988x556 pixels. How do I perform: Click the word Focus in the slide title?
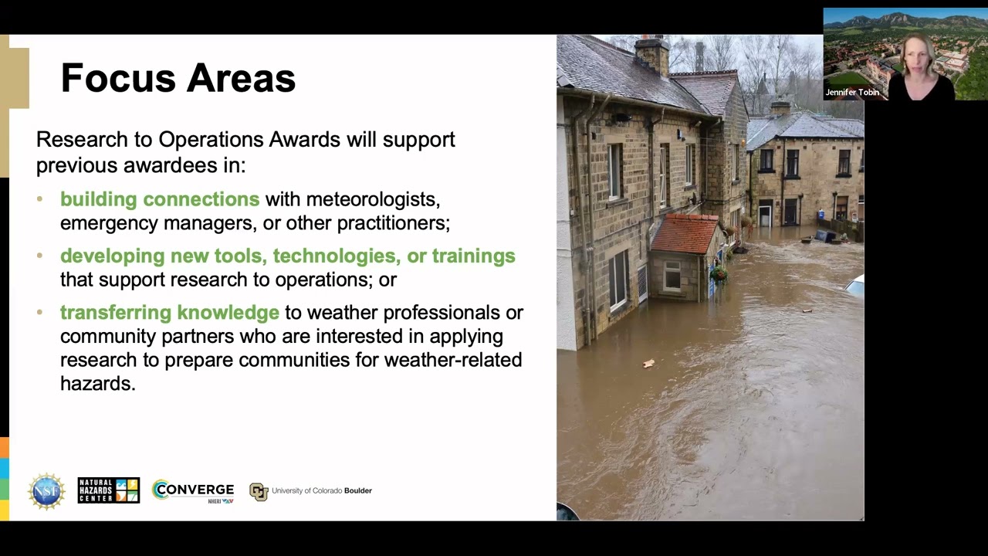pos(117,78)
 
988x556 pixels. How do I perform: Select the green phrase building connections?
pos(160,199)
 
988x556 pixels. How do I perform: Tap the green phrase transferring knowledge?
pos(170,313)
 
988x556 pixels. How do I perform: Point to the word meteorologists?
pos(373,199)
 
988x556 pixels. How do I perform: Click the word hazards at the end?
pos(98,384)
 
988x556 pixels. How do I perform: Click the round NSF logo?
pos(46,491)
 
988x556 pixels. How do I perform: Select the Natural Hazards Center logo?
pos(109,490)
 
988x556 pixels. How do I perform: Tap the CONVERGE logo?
pos(193,490)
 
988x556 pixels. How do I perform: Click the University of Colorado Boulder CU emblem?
pos(259,491)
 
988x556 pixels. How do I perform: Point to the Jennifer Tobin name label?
pos(852,93)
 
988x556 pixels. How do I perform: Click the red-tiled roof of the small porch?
pos(684,234)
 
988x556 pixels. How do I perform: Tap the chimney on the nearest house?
pos(652,54)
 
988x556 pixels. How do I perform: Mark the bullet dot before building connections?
pos(40,199)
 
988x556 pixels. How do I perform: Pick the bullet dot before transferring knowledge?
pos(40,313)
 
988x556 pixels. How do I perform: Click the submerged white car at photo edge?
pos(854,286)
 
